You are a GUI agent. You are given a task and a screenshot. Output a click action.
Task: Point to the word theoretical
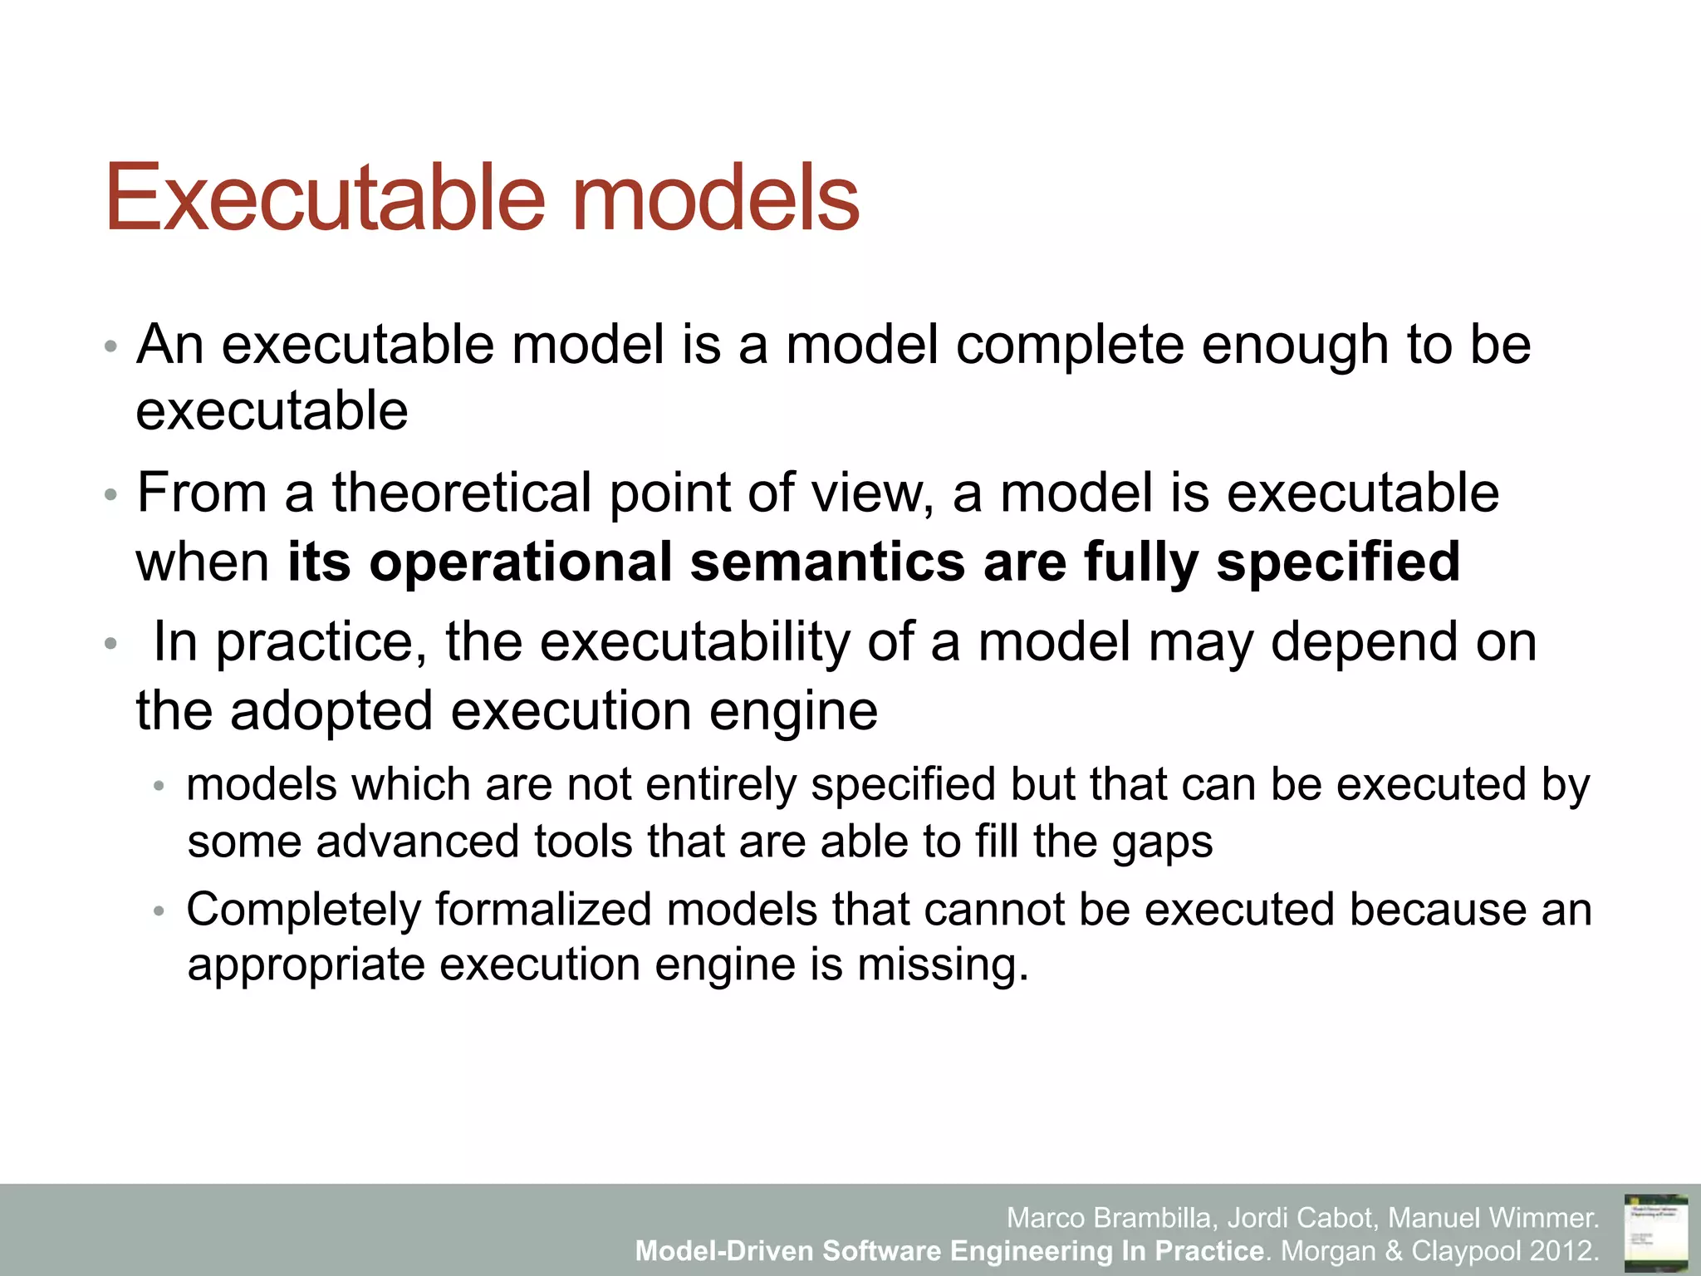462,493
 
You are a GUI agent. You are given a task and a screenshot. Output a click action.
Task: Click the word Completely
303,910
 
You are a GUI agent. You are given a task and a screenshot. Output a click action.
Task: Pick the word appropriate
306,966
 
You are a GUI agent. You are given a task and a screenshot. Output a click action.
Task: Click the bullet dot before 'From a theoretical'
111,496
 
